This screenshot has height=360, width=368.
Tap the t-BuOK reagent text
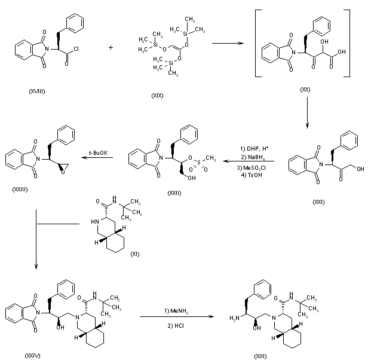99,152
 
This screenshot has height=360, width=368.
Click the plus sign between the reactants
111,46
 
